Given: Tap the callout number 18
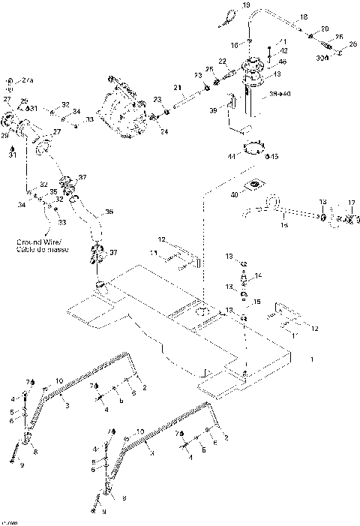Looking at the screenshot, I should click(x=304, y=16).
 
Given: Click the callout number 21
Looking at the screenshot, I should click(x=178, y=88).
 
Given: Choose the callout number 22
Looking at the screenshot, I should click(x=223, y=61).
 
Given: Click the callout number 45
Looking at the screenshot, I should click(x=275, y=157).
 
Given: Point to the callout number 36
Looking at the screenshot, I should click(x=109, y=212).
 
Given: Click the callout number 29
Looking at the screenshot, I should click(x=24, y=100).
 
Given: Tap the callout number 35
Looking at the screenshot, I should click(x=53, y=192).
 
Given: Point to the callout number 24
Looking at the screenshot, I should click(x=164, y=132).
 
